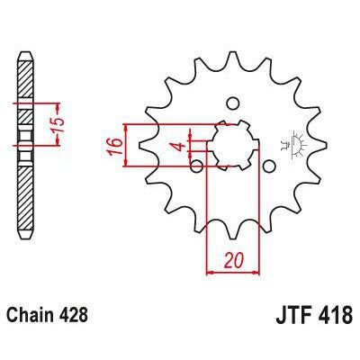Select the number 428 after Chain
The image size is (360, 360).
[74, 318]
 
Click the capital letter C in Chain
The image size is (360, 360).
[13, 318]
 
